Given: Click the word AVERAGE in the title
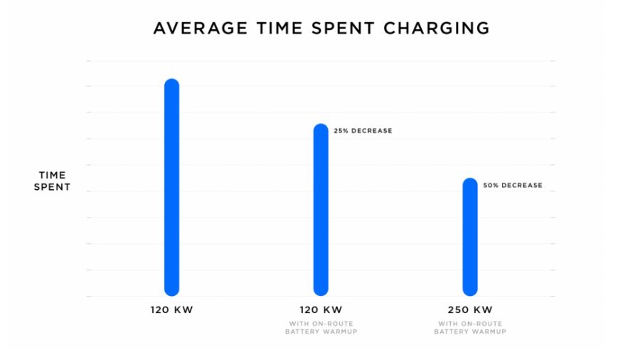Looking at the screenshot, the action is pyautogui.click(x=201, y=28).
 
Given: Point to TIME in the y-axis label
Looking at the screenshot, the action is pyautogui.click(x=53, y=175).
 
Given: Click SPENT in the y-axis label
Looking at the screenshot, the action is pyautogui.click(x=52, y=187).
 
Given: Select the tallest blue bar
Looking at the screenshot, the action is pyautogui.click(x=171, y=187).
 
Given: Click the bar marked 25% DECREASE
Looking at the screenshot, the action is pyautogui.click(x=321, y=210).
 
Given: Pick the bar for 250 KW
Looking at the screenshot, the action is pyautogui.click(x=470, y=237).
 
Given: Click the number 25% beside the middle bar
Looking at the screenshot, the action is pyautogui.click(x=341, y=131).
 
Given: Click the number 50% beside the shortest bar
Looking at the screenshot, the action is pyautogui.click(x=490, y=185).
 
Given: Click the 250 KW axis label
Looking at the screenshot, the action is pyautogui.click(x=470, y=310).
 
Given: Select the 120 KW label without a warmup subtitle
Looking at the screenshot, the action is pyautogui.click(x=171, y=310).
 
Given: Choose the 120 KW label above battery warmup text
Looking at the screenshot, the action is pyautogui.click(x=321, y=310).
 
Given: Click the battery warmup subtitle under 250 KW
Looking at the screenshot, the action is pyautogui.click(x=470, y=328).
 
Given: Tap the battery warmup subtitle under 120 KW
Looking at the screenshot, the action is pyautogui.click(x=321, y=328).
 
